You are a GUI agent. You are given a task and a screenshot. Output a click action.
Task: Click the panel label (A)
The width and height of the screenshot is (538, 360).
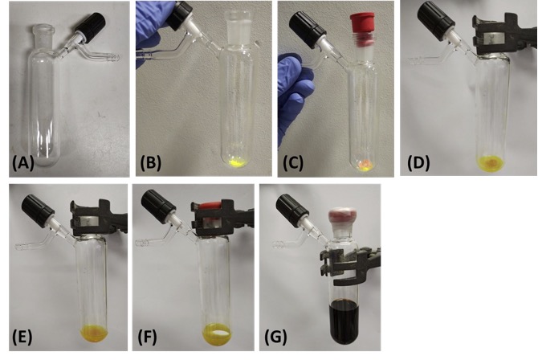pyautogui.click(x=23, y=163)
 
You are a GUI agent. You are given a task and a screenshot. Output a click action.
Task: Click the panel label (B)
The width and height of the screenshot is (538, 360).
pyautogui.click(x=151, y=163)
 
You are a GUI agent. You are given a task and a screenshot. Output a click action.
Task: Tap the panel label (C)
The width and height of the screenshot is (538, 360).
pyautogui.click(x=293, y=163)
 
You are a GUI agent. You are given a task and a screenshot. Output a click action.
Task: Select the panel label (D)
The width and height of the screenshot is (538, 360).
pyautogui.click(x=418, y=163)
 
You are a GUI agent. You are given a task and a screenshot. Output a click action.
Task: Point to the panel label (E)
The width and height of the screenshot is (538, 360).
pyautogui.click(x=22, y=337)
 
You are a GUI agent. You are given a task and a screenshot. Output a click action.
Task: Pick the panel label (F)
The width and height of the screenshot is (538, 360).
pyautogui.click(x=148, y=337)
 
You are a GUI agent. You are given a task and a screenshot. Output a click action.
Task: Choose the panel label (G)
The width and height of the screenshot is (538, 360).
pyautogui.click(x=275, y=337)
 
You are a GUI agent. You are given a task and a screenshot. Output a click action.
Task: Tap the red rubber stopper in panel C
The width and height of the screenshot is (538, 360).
pyautogui.click(x=362, y=22)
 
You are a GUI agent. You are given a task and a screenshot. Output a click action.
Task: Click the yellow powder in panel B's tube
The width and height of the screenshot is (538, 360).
pyautogui.click(x=236, y=162)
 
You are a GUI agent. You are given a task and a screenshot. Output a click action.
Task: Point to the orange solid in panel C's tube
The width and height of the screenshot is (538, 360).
pyautogui.click(x=365, y=165)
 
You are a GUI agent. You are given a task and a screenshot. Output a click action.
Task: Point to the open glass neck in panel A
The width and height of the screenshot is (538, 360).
pyautogui.click(x=43, y=30)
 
